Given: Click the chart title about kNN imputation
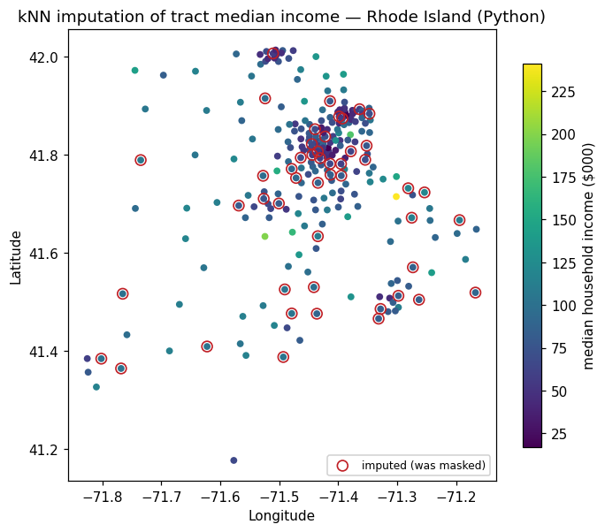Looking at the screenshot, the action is click(x=281, y=17).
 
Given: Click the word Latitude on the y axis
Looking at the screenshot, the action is click(x=15, y=257).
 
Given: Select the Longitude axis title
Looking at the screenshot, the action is click(x=281, y=515).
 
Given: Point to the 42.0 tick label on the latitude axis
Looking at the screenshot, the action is click(x=43, y=57).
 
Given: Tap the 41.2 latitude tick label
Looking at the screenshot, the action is click(x=43, y=450).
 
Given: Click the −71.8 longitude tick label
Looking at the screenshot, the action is click(x=103, y=497).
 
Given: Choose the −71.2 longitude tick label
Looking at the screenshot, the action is click(x=456, y=497).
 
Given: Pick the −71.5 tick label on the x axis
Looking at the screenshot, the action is click(x=280, y=497).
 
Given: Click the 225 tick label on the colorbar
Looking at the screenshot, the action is click(x=563, y=92).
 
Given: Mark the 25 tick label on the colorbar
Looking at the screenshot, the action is click(x=559, y=435).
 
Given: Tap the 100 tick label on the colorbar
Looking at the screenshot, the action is click(x=563, y=306).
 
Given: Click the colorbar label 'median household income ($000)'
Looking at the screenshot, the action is click(x=588, y=256).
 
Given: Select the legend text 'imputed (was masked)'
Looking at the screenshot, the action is click(x=424, y=466).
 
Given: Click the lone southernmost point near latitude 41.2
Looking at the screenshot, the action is click(x=234, y=460).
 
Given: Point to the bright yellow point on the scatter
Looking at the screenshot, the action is click(x=396, y=196).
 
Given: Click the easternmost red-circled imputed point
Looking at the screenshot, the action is click(x=475, y=293).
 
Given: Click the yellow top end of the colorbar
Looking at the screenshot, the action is click(x=532, y=65).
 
